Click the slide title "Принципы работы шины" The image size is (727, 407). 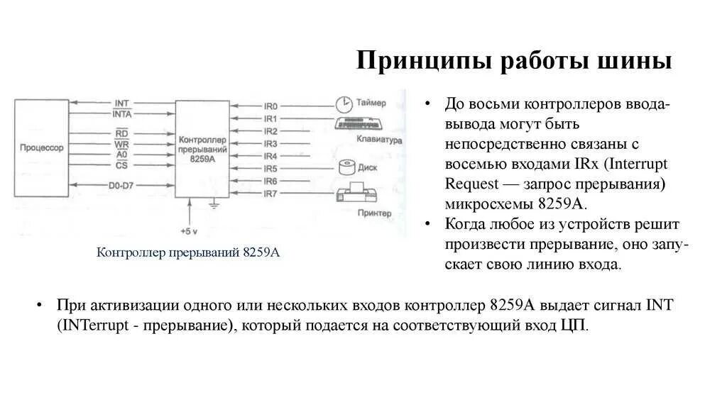click(514, 60)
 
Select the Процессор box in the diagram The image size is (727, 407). click(42, 147)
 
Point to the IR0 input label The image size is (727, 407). click(270, 105)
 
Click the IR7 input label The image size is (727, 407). click(270, 194)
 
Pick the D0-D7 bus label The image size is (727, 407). click(121, 186)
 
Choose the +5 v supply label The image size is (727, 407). click(189, 231)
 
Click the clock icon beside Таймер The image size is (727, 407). click(344, 103)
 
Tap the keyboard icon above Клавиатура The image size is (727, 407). click(359, 124)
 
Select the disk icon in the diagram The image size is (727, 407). click(347, 168)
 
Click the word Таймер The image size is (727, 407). click(376, 102)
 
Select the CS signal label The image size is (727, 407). click(121, 166)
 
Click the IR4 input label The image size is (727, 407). click(270, 156)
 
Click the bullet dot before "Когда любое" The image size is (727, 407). click(428, 224)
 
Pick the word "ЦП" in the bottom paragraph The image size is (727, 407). click(575, 325)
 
